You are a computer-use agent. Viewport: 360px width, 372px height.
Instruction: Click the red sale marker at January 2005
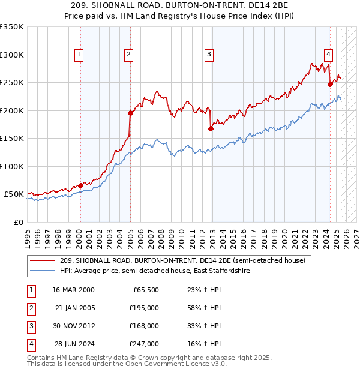130,112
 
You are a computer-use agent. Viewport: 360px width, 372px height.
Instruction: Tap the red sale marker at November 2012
211,128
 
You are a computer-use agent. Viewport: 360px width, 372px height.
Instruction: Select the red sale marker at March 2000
80,185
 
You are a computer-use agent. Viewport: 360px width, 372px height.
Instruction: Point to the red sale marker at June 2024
330,84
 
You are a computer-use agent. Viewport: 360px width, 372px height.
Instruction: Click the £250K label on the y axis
12,83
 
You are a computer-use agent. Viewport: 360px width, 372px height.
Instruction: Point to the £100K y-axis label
12,166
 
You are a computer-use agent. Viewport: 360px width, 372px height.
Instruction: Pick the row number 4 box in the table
31,344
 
